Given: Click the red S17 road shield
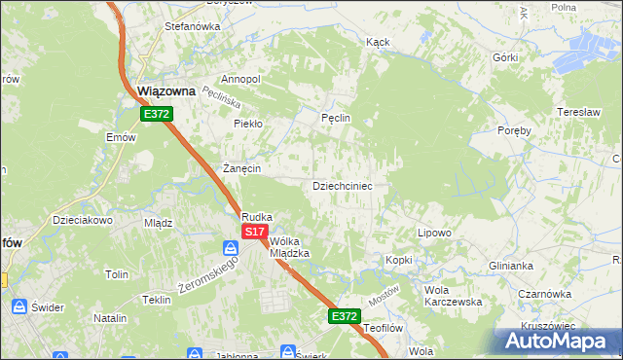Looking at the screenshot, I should click(x=254, y=232).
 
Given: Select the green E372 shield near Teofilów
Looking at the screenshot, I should click(x=344, y=316).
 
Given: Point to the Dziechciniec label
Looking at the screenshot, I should click(x=342, y=185).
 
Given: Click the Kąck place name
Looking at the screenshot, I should click(x=378, y=43).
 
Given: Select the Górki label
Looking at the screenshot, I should click(x=505, y=57).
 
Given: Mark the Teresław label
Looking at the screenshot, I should click(x=576, y=112).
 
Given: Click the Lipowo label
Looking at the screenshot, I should click(x=434, y=233).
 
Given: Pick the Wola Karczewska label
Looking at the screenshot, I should click(x=454, y=295).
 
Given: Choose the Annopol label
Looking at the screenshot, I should click(x=241, y=79).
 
